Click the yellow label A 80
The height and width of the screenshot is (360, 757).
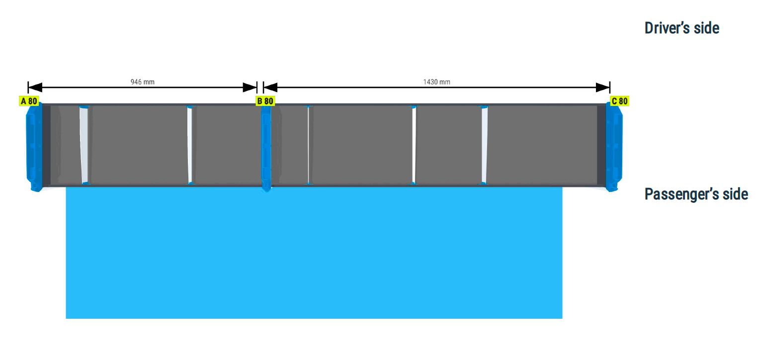coord(29,101)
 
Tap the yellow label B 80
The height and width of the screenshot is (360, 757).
coord(265,101)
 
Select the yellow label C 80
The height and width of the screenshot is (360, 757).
coord(619,101)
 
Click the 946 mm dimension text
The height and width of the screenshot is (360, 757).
coord(142,82)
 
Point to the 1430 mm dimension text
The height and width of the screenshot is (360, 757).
coord(436,82)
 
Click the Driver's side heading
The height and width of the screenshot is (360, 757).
coord(681,28)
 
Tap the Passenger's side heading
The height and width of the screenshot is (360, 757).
coord(696,194)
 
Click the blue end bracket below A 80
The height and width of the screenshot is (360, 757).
coord(34,147)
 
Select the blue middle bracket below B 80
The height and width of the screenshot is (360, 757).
coord(266,148)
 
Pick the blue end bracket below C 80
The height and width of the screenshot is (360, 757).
coord(614,147)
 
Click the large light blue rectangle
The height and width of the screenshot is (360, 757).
coord(314,253)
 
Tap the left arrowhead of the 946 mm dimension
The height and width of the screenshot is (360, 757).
coord(35,87)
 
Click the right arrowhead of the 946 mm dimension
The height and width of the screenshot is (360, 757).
coord(250,87)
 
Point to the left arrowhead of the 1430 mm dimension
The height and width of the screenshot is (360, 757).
coord(270,87)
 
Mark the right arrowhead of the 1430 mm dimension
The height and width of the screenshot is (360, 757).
coord(603,87)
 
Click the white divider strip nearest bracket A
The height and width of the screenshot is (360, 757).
coord(84,145)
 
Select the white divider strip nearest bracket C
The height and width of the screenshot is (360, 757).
coord(485,145)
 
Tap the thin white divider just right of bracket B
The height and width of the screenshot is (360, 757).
coord(308,145)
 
